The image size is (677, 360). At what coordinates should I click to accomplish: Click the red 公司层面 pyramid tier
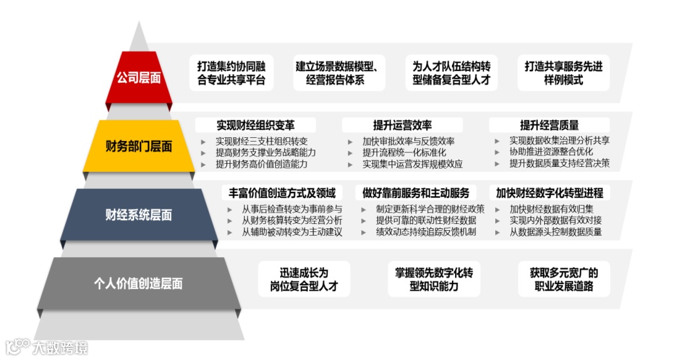[x=139, y=78]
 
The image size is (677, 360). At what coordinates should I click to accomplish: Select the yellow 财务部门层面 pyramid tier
[x=139, y=147]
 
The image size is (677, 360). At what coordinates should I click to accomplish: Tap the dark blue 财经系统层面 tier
[x=139, y=215]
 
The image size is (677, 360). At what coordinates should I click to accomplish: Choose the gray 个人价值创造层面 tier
[x=139, y=283]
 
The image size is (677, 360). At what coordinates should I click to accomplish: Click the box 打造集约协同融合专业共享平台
[x=231, y=73]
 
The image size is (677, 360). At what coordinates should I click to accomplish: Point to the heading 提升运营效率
[x=402, y=125]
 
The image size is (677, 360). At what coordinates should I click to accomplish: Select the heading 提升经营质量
[x=549, y=125]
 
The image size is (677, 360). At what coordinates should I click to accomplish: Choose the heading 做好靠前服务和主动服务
[x=416, y=193]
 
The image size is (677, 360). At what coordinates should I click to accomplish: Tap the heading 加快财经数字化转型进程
[x=549, y=193]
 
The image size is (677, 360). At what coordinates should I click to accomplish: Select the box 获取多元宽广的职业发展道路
[x=564, y=280]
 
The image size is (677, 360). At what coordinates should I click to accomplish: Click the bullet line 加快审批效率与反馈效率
[x=408, y=141]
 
